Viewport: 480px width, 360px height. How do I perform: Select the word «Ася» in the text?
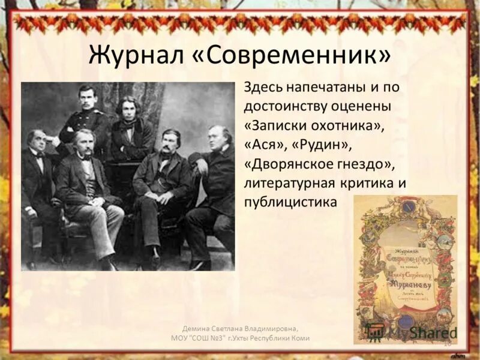coord(263,145)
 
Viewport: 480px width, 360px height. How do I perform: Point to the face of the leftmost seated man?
coord(37,142)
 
